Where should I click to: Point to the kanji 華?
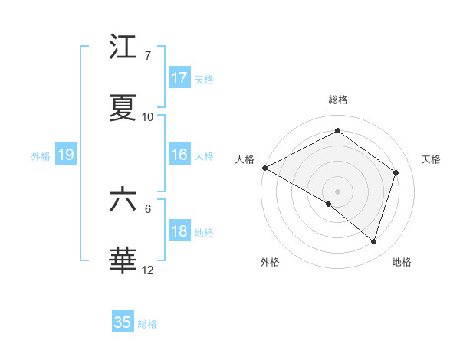[123, 260]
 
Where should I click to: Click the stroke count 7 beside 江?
[148, 56]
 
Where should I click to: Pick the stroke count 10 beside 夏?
[148, 117]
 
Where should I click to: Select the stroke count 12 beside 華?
[148, 270]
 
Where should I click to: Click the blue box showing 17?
[179, 78]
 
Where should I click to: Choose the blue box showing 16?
[179, 155]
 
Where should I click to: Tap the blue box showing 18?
[179, 232]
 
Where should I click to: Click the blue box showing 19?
[66, 155]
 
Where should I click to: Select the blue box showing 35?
[123, 322]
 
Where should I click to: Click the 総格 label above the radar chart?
[338, 100]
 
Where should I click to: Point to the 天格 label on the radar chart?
[431, 159]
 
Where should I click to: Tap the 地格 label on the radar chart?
[402, 262]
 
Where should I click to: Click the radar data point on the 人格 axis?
[264, 168]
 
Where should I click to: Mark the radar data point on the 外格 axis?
[329, 204]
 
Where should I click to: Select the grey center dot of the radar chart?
[337, 191]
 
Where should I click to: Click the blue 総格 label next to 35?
[147, 324]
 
